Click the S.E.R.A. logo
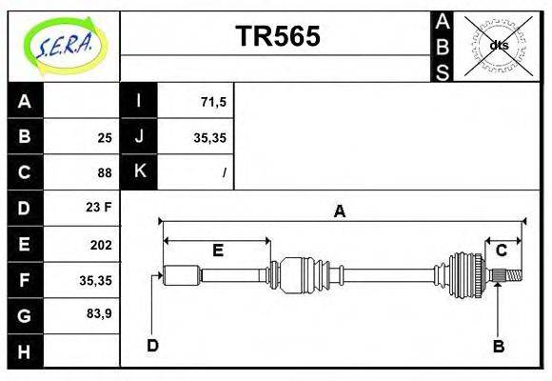[63, 44]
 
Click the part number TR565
[277, 36]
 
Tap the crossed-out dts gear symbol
[498, 45]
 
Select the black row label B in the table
[25, 136]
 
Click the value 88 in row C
[104, 173]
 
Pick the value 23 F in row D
[99, 207]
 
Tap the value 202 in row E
[100, 245]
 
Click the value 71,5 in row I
[212, 100]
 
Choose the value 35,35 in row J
[209, 137]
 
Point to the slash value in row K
[224, 173]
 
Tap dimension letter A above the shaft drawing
[339, 211]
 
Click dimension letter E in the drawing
[217, 251]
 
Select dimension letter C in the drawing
[501, 251]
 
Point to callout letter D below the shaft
[152, 345]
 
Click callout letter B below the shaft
[498, 346]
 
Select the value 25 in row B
[105, 137]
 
